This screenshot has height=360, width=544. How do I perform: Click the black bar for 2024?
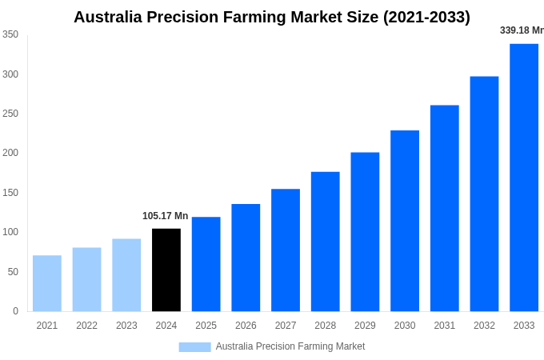pyautogui.click(x=166, y=270)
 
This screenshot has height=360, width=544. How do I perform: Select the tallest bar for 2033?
pyautogui.click(x=524, y=178)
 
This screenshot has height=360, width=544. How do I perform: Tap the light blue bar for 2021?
pyautogui.click(x=47, y=283)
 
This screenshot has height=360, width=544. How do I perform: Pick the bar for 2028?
pyautogui.click(x=326, y=242)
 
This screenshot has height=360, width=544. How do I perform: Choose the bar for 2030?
pyautogui.click(x=405, y=221)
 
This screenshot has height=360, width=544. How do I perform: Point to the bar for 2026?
pyautogui.click(x=246, y=258)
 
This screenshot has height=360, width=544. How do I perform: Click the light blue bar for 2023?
pyautogui.click(x=126, y=275)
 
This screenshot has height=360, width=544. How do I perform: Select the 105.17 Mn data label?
pyautogui.click(x=165, y=216)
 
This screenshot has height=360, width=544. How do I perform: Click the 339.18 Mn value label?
pyautogui.click(x=522, y=30)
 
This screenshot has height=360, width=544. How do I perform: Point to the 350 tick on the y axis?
pyautogui.click(x=10, y=34)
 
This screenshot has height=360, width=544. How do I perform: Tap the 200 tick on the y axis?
pyautogui.click(x=10, y=153)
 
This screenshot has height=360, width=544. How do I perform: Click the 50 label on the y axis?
pyautogui.click(x=13, y=272)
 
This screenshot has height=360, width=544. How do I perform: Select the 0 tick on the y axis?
pyautogui.click(x=15, y=311)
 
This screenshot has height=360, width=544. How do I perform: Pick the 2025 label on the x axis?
pyautogui.click(x=206, y=326)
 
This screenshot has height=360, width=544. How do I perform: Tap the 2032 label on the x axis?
pyautogui.click(x=484, y=326)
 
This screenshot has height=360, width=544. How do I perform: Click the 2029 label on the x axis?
pyautogui.click(x=365, y=326)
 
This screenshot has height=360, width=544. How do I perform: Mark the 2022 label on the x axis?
pyautogui.click(x=86, y=326)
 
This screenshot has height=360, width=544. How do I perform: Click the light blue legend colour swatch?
pyautogui.click(x=194, y=347)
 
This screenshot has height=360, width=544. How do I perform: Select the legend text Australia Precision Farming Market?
pyautogui.click(x=290, y=346)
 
